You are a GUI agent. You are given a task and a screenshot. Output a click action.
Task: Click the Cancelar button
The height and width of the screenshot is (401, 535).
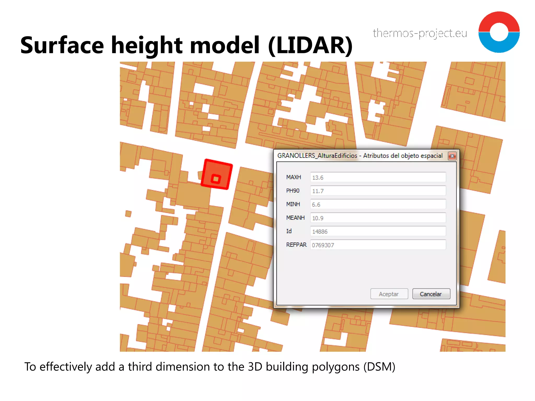pyautogui.click(x=431, y=294)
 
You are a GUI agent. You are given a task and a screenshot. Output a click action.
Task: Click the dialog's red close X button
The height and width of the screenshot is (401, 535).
pyautogui.click(x=452, y=156)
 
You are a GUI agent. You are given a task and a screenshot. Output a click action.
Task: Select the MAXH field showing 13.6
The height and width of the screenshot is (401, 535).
pyautogui.click(x=378, y=177)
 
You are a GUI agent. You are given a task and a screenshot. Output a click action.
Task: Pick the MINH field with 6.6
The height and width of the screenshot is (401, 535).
pyautogui.click(x=378, y=204)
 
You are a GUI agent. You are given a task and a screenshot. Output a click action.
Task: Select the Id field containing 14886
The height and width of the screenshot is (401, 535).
pyautogui.click(x=378, y=231)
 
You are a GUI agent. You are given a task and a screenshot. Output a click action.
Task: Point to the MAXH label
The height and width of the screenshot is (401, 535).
pyautogui.click(x=293, y=177)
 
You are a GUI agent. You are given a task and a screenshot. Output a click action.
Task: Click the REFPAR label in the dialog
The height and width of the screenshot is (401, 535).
pyautogui.click(x=296, y=245)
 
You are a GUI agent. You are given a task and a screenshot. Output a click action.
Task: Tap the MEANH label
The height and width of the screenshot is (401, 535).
pyautogui.click(x=295, y=218)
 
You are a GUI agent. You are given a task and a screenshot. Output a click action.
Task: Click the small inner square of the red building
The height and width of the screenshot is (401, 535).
pyautogui.click(x=216, y=179)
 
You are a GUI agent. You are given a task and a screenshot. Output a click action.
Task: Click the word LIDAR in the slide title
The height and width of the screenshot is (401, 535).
pyautogui.click(x=310, y=45)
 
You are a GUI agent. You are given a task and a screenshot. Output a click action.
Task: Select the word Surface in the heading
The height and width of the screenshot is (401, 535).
pyautogui.click(x=62, y=45)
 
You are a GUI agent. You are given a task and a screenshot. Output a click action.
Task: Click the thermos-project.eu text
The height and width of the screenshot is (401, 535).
pyautogui.click(x=420, y=33)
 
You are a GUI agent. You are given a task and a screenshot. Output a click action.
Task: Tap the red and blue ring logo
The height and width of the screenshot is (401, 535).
pyautogui.click(x=499, y=32)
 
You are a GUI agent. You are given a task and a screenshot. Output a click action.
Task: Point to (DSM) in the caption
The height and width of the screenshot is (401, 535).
pyautogui.click(x=379, y=367)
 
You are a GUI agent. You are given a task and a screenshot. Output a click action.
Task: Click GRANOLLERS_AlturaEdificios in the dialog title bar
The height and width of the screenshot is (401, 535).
pyautogui.click(x=317, y=156)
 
